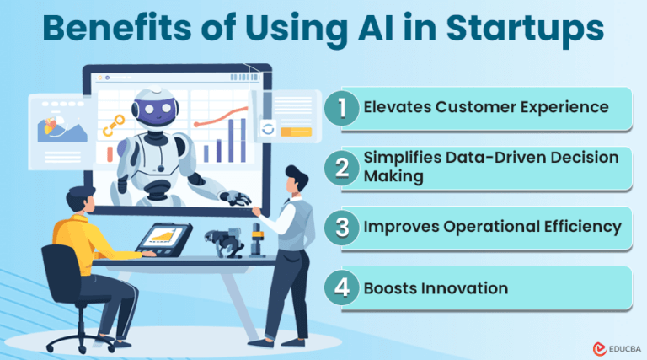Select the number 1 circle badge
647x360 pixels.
(341, 107)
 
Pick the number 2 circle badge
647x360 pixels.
(341, 167)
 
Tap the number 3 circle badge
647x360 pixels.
(341, 227)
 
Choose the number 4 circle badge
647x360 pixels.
(341, 287)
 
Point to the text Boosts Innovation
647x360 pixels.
(436, 288)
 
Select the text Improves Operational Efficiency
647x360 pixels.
(492, 227)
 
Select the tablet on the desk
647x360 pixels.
(163, 239)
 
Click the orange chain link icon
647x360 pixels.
(110, 127)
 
